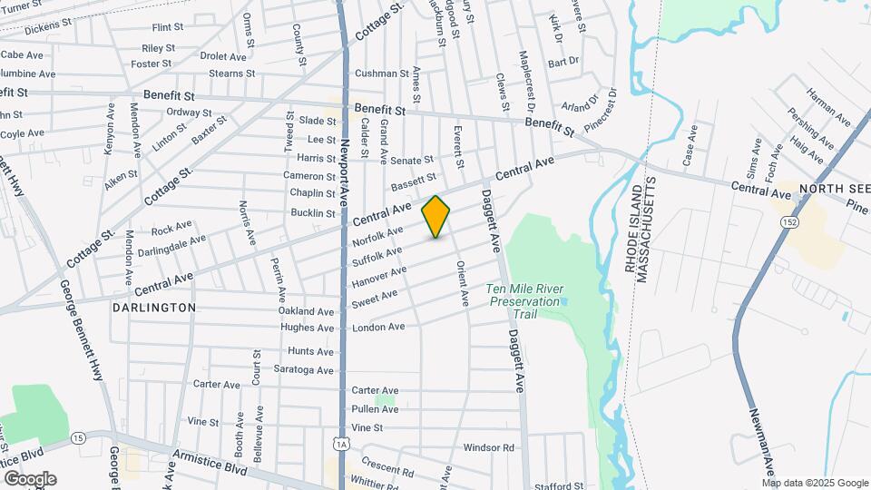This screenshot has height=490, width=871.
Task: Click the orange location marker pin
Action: [x=435, y=217]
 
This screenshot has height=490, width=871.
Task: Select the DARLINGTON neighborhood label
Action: [x=154, y=308]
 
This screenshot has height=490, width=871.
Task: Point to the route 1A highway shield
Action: [x=341, y=444]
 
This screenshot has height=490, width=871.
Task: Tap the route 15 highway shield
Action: [x=80, y=437]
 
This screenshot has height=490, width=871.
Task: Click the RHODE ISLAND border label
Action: [x=633, y=231]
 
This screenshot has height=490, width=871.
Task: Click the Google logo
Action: [x=30, y=479]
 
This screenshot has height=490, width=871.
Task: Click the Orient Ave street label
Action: [x=462, y=282]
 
